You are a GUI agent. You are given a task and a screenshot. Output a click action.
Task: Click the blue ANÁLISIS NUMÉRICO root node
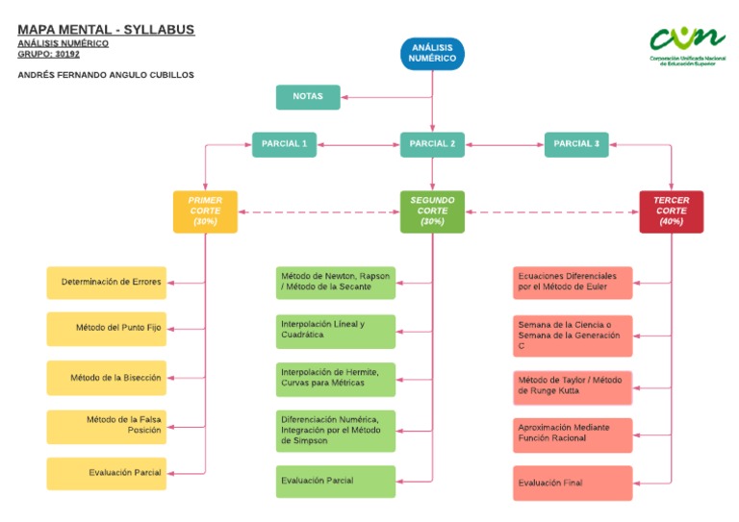(x=432, y=54)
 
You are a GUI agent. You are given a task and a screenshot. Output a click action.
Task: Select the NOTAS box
(x=308, y=97)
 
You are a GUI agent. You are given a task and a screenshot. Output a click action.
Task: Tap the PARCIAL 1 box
(x=284, y=144)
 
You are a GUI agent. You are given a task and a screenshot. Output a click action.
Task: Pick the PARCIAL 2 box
(x=432, y=144)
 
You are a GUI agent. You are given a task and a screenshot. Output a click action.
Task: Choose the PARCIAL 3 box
(x=576, y=144)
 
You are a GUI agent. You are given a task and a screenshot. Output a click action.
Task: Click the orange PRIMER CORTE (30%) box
(x=205, y=211)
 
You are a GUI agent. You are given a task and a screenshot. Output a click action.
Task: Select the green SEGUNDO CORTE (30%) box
(x=432, y=211)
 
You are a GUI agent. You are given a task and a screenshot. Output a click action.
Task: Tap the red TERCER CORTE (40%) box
(x=671, y=211)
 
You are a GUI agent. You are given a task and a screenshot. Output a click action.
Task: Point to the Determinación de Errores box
(x=107, y=283)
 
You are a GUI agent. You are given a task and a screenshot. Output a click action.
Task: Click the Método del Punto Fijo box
(x=107, y=329)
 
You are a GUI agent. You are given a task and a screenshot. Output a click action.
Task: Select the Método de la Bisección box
(x=107, y=378)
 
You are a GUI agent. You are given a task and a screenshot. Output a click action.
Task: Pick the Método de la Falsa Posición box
(x=107, y=425)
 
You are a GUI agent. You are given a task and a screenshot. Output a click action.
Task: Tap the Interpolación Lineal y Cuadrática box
(x=335, y=331)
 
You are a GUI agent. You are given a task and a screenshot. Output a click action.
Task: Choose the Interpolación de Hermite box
(x=335, y=379)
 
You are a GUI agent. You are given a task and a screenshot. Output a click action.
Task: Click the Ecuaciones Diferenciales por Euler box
(x=573, y=283)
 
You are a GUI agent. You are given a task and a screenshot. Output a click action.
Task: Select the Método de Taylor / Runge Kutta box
(x=573, y=386)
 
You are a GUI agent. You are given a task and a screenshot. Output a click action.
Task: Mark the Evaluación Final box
(x=573, y=483)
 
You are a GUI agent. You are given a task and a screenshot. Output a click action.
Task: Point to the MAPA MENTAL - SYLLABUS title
(x=106, y=30)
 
